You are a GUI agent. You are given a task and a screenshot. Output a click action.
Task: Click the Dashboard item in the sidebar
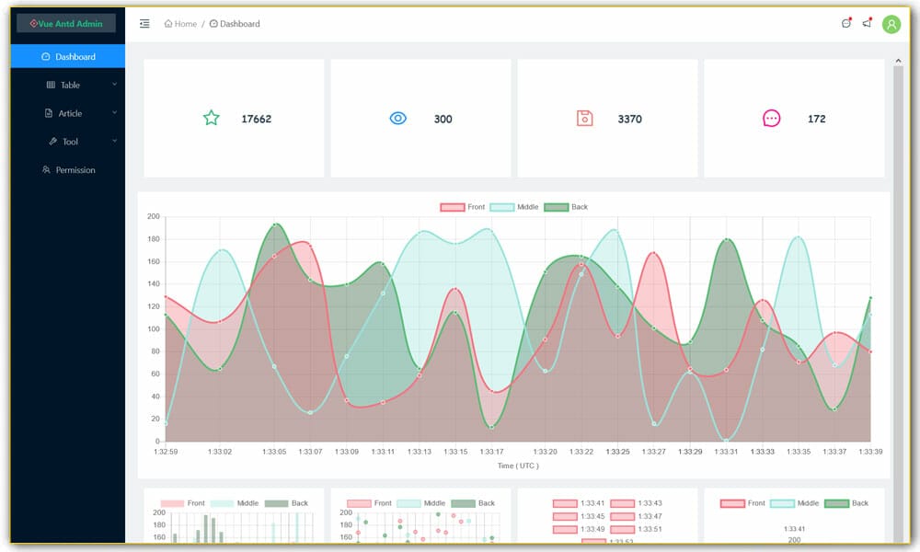click(69, 57)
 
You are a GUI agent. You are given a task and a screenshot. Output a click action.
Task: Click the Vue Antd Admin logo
click(66, 24)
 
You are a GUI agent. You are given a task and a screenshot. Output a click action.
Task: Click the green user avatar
click(891, 25)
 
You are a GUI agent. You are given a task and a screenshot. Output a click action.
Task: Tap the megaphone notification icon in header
click(867, 24)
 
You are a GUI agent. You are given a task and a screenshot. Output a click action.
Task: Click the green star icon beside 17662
click(212, 119)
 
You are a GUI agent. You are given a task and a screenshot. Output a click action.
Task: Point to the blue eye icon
click(397, 119)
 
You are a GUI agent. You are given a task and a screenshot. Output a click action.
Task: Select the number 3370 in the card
click(630, 120)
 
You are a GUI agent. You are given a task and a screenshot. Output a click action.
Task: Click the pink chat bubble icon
click(771, 119)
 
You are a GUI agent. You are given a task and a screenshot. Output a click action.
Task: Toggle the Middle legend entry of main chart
click(514, 207)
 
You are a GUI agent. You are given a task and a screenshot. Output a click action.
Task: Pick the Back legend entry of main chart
click(566, 207)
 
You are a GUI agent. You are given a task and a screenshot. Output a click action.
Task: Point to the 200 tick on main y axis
click(153, 217)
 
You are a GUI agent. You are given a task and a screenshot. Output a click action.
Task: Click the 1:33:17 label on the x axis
click(490, 452)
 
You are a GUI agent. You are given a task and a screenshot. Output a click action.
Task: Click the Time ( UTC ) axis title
click(519, 466)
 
